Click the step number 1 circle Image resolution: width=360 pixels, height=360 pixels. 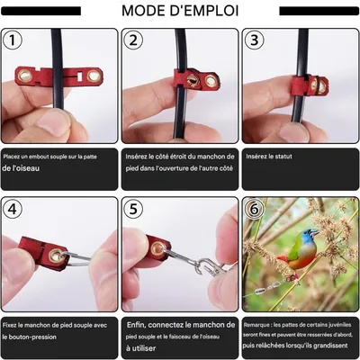click(x=13, y=40)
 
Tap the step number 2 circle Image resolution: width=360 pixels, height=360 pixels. click(x=134, y=40)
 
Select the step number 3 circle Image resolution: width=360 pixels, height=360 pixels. click(x=255, y=40)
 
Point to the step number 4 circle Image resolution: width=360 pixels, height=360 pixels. click(x=13, y=210)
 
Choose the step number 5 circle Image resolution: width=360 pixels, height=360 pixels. click(x=134, y=210)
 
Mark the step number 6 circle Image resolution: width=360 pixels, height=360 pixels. click(x=255, y=210)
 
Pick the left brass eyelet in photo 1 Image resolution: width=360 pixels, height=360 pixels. click(x=26, y=76)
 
